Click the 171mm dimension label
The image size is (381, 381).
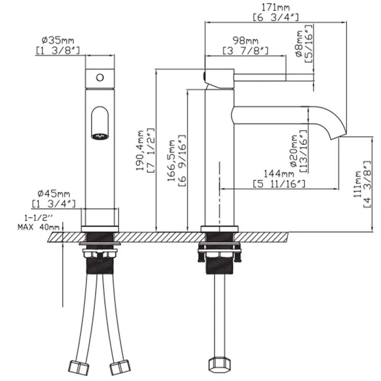pyautogui.click(x=275, y=7)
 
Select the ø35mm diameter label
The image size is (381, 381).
pyautogui.click(x=58, y=40)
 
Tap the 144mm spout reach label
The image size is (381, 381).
pyautogui.click(x=279, y=174)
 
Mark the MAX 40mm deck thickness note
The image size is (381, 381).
pyautogui.click(x=38, y=227)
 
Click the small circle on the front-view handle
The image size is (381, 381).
pyautogui.click(x=99, y=78)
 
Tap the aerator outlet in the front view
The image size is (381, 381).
pyautogui.click(x=100, y=135)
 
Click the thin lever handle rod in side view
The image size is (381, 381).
pyautogui.click(x=259, y=77)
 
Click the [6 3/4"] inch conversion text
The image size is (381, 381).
pyautogui.click(x=275, y=17)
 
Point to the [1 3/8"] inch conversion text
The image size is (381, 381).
pyautogui.click(x=58, y=50)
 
